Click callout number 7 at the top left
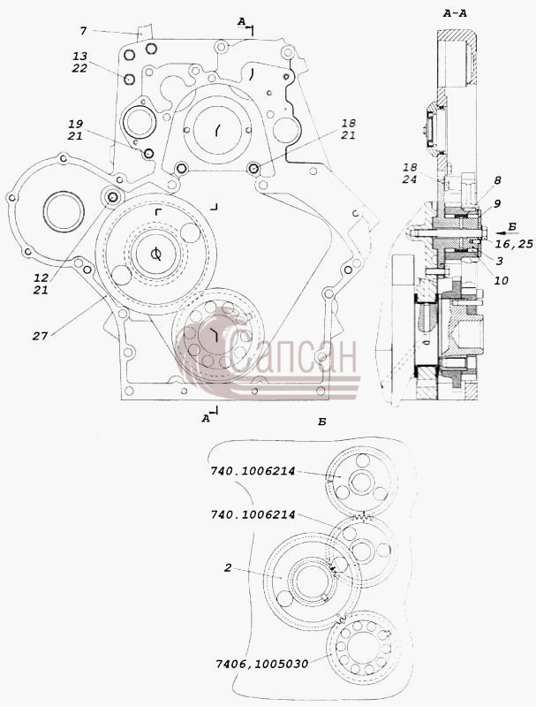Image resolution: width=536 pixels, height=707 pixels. [x=83, y=31]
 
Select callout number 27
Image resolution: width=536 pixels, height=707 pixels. [x=40, y=336]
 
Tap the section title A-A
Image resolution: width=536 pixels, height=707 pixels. [x=455, y=13]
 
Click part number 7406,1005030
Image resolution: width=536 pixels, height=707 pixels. [x=261, y=664]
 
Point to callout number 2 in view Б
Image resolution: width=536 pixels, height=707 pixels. [x=228, y=567]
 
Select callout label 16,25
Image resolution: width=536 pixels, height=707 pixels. [x=514, y=245]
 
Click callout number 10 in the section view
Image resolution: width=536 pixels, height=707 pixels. [x=501, y=280]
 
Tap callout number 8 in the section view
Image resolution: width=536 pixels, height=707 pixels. [x=497, y=180]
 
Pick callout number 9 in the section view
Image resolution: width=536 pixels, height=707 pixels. [x=497, y=204]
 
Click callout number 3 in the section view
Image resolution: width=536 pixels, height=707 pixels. [x=499, y=261]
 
